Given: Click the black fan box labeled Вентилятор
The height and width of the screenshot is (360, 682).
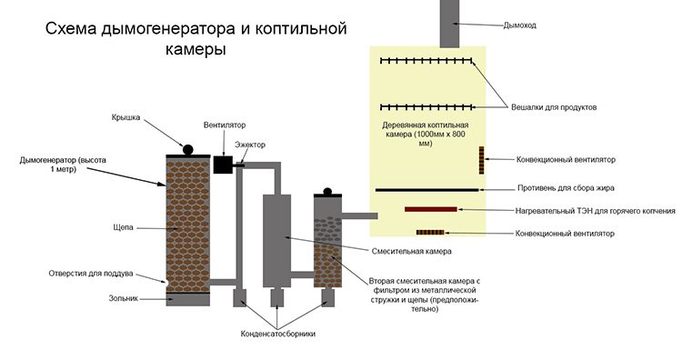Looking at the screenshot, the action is (x=223, y=165).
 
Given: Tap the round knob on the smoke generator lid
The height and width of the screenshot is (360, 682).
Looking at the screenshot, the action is (x=187, y=150).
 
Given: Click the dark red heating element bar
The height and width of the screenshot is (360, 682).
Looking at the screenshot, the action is (x=431, y=209).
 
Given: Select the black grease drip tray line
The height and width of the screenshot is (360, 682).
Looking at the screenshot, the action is (x=426, y=190).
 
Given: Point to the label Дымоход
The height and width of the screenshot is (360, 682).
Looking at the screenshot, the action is (x=519, y=25).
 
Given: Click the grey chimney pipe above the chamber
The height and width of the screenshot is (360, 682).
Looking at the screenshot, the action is (x=450, y=24).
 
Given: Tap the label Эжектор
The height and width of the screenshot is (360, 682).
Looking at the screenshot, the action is (x=250, y=145).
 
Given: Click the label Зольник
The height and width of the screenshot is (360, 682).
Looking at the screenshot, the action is (x=123, y=298).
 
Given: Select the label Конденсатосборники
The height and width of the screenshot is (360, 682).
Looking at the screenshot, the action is (x=278, y=334).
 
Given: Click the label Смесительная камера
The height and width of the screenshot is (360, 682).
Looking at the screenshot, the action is (x=411, y=251).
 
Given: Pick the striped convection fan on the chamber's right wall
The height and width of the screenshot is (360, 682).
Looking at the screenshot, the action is (x=481, y=160).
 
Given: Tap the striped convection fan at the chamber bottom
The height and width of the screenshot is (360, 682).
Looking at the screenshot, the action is (x=430, y=233).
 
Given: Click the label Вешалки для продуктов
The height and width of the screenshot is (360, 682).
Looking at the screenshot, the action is (x=554, y=107).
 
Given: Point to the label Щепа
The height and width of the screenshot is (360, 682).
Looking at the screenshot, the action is (x=123, y=227).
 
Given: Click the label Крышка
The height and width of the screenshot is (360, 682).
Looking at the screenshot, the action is (x=125, y=117).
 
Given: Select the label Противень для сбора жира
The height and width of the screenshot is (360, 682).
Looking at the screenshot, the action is (x=566, y=188).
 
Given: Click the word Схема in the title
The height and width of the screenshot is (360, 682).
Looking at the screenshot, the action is (x=70, y=29).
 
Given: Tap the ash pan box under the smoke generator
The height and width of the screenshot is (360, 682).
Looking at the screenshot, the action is (x=188, y=300).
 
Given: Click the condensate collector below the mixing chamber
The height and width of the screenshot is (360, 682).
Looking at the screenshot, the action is (x=277, y=297).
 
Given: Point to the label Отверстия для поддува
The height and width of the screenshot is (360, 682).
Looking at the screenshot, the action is (x=90, y=274).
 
